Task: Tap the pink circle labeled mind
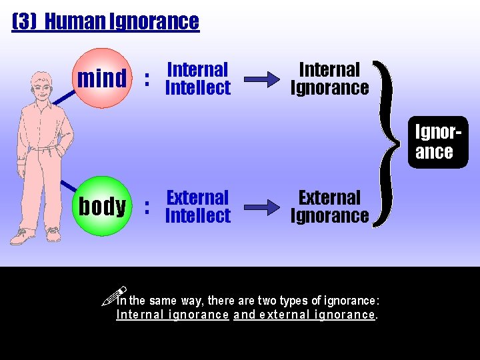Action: (x=102, y=78)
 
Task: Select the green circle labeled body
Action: (x=102, y=206)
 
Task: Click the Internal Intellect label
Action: (x=197, y=79)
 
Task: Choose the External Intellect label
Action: (x=197, y=207)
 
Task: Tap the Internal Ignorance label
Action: (x=329, y=79)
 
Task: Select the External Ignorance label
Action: (x=329, y=207)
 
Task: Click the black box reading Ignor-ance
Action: (x=438, y=142)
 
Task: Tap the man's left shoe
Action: (x=53, y=234)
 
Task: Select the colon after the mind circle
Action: (x=147, y=79)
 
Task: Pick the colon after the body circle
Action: (x=147, y=207)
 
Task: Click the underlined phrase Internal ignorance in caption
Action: (x=173, y=315)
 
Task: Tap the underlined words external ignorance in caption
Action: (x=317, y=315)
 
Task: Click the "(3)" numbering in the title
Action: (x=24, y=21)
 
